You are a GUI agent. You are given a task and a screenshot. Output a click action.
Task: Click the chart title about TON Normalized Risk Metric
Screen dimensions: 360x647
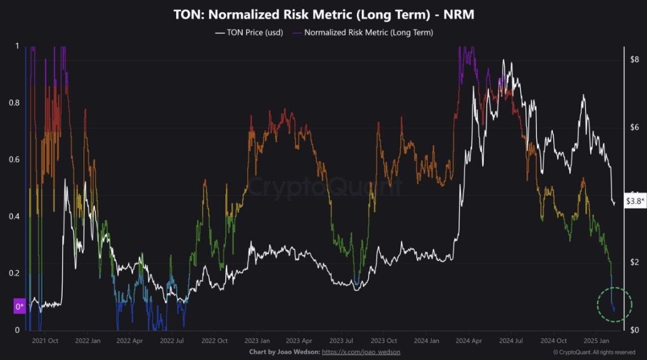[323, 15]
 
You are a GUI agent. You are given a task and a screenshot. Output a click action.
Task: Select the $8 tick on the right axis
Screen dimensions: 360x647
[635, 59]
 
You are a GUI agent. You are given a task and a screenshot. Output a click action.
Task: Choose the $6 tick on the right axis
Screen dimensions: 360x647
[635, 127]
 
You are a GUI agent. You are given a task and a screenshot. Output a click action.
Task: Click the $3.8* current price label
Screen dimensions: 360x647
[636, 200]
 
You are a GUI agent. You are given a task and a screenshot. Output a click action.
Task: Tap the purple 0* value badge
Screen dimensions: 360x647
[20, 306]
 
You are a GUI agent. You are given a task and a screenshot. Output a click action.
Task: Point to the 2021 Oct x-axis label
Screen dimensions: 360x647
[45, 341]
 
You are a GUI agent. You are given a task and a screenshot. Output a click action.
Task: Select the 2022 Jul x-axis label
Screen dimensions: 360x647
[172, 341]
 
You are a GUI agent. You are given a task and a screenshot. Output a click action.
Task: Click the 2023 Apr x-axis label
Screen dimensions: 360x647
[299, 341]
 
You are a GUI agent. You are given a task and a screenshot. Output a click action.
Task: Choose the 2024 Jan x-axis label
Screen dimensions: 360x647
[426, 341]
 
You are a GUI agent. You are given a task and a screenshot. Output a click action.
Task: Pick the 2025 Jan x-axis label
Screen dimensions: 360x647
[596, 341]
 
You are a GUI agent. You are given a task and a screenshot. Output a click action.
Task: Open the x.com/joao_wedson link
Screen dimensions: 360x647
[361, 352]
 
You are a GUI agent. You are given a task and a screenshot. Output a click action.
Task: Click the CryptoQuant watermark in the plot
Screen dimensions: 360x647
[326, 187]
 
